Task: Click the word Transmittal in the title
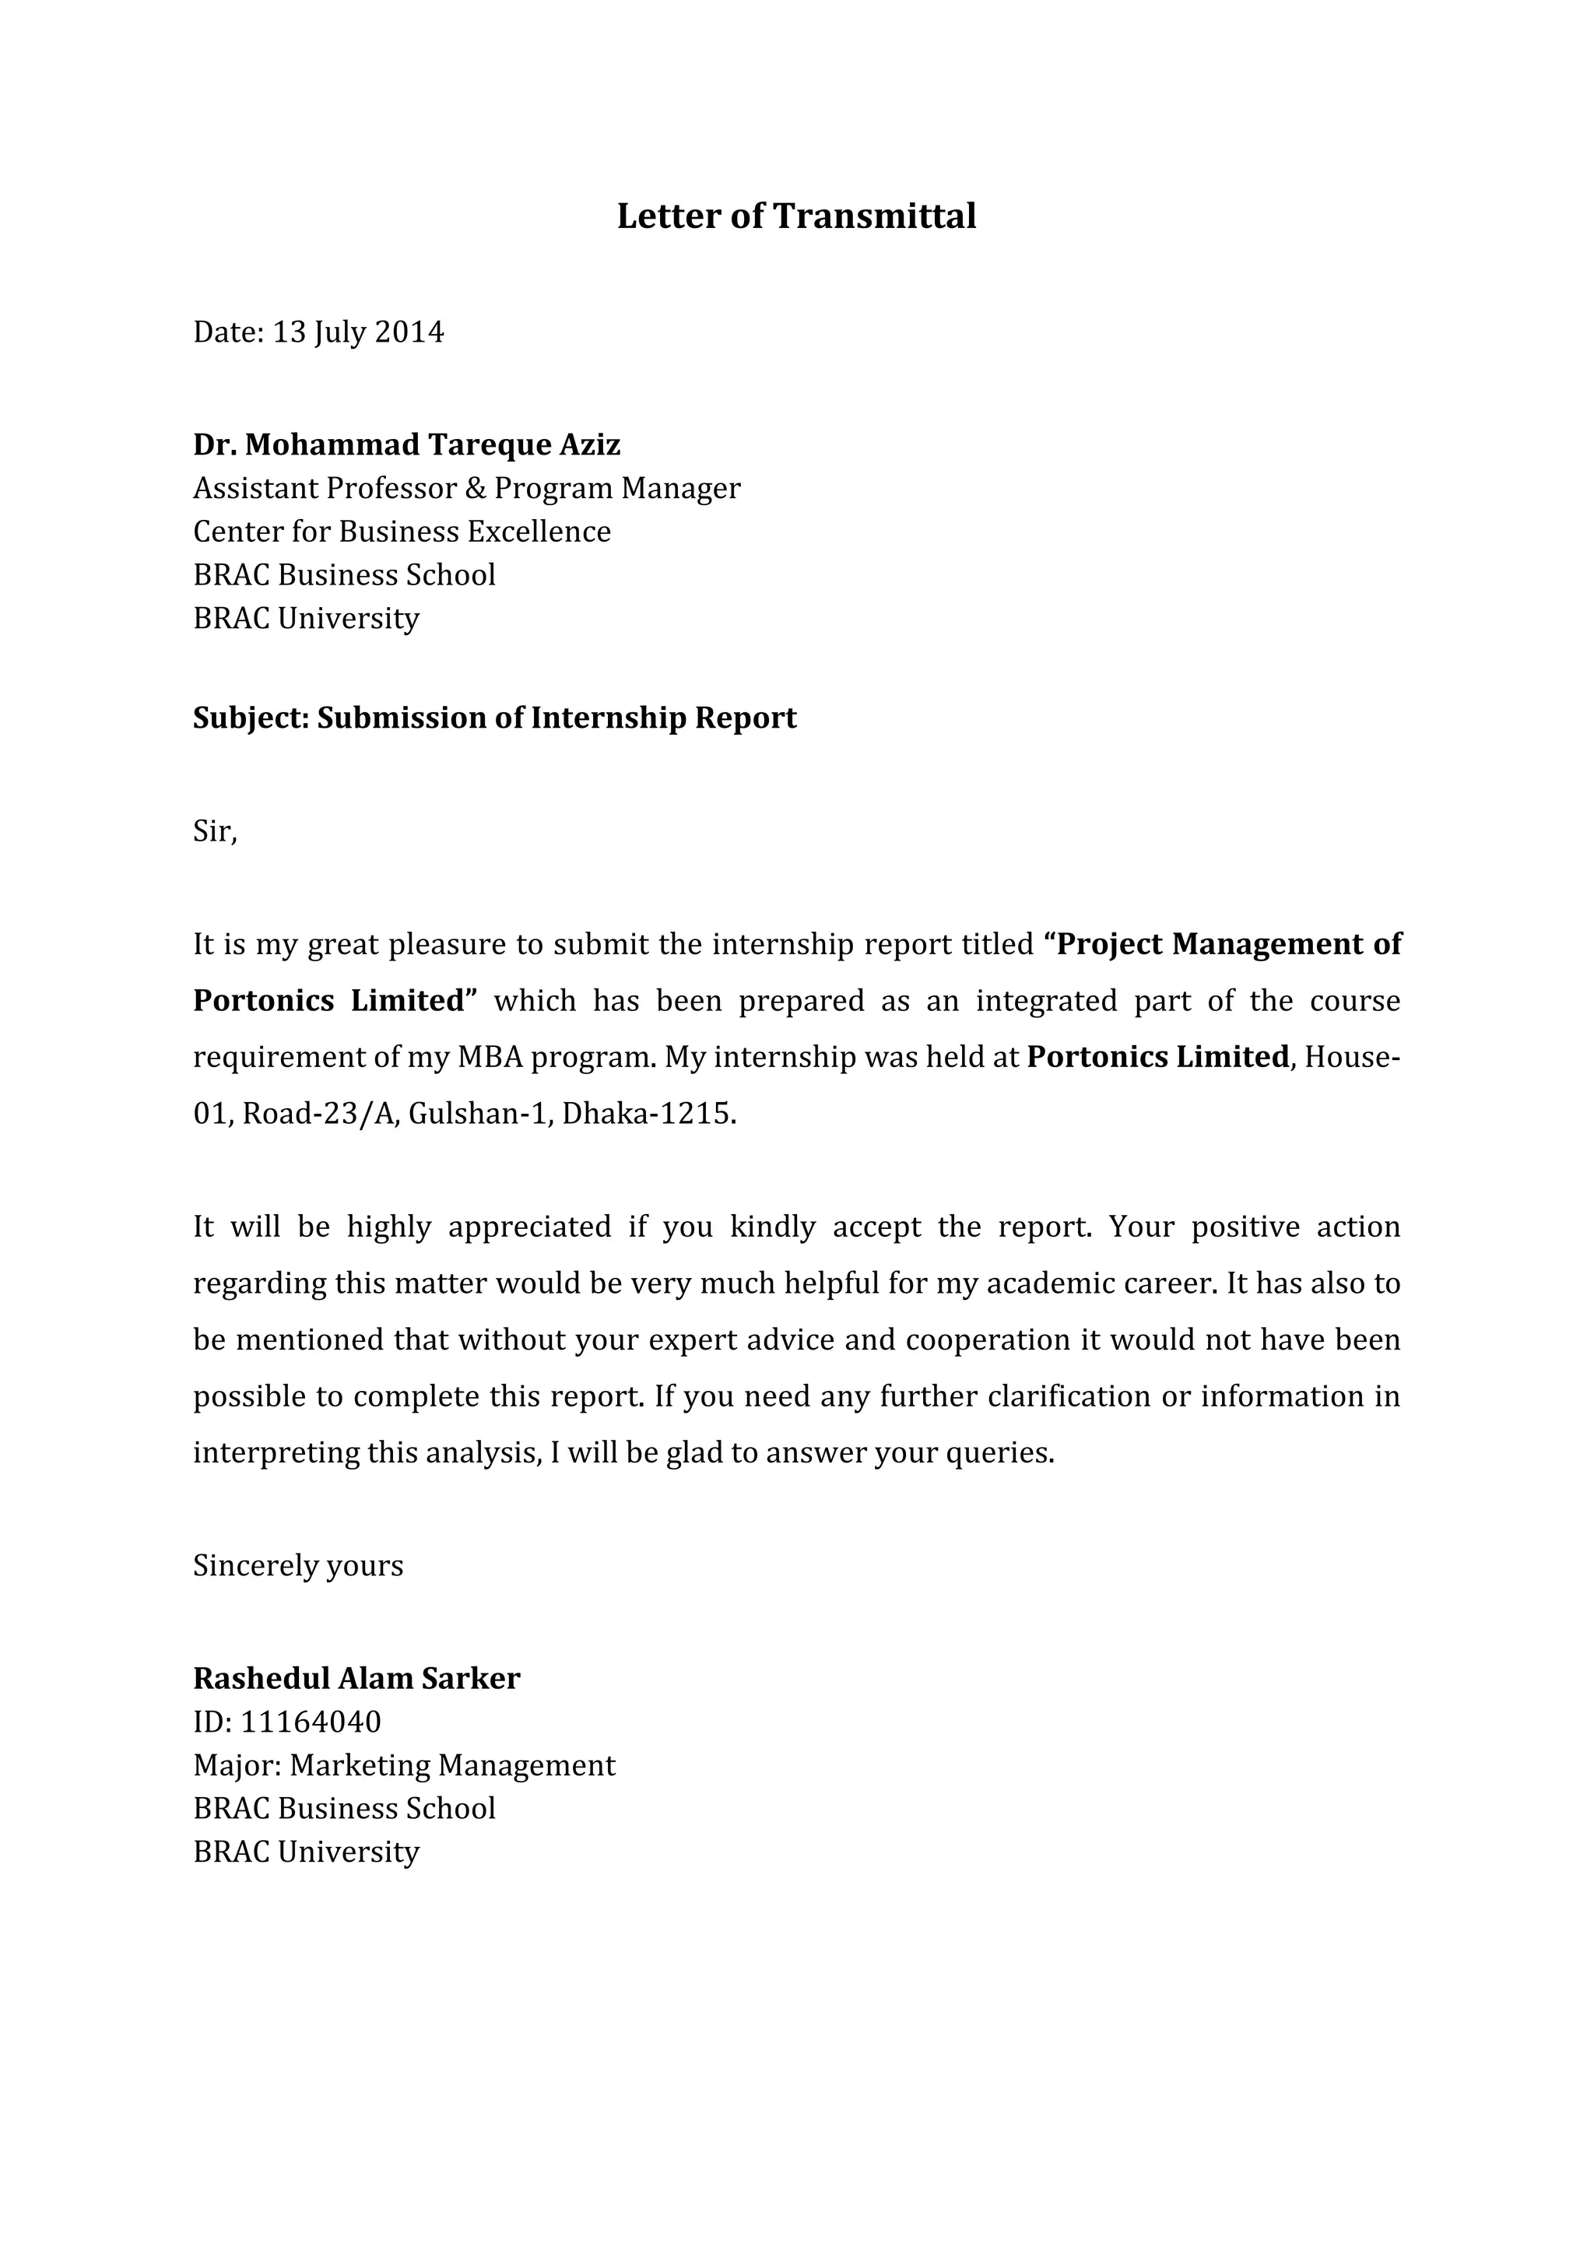point(875,216)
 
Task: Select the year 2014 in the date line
point(409,332)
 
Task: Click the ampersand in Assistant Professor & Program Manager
point(475,488)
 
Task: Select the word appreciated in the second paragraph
point(530,1227)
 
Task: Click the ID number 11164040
point(311,1722)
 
